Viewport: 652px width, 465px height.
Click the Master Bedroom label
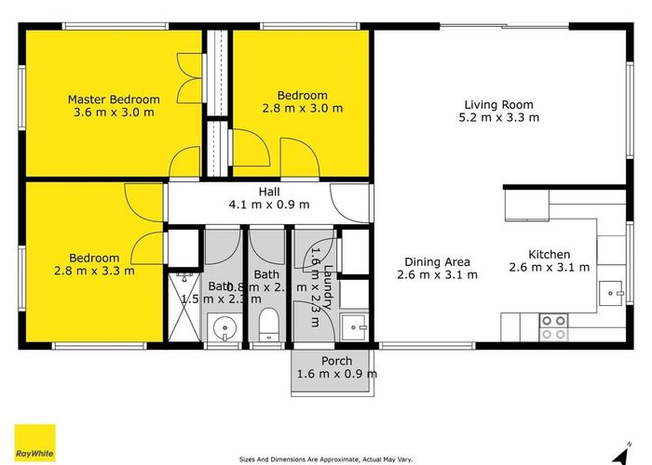[114, 100]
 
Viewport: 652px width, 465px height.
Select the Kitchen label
[549, 255]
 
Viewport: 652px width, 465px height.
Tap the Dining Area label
[437, 261]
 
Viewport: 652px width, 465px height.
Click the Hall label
[269, 192]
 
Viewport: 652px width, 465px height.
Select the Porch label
[336, 361]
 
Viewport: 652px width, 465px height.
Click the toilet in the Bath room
[268, 325]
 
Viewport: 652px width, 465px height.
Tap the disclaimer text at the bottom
[325, 458]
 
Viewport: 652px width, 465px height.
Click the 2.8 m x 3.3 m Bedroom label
[93, 265]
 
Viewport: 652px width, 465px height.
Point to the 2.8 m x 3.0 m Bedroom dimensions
[302, 108]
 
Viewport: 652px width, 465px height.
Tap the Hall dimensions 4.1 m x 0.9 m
[269, 205]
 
